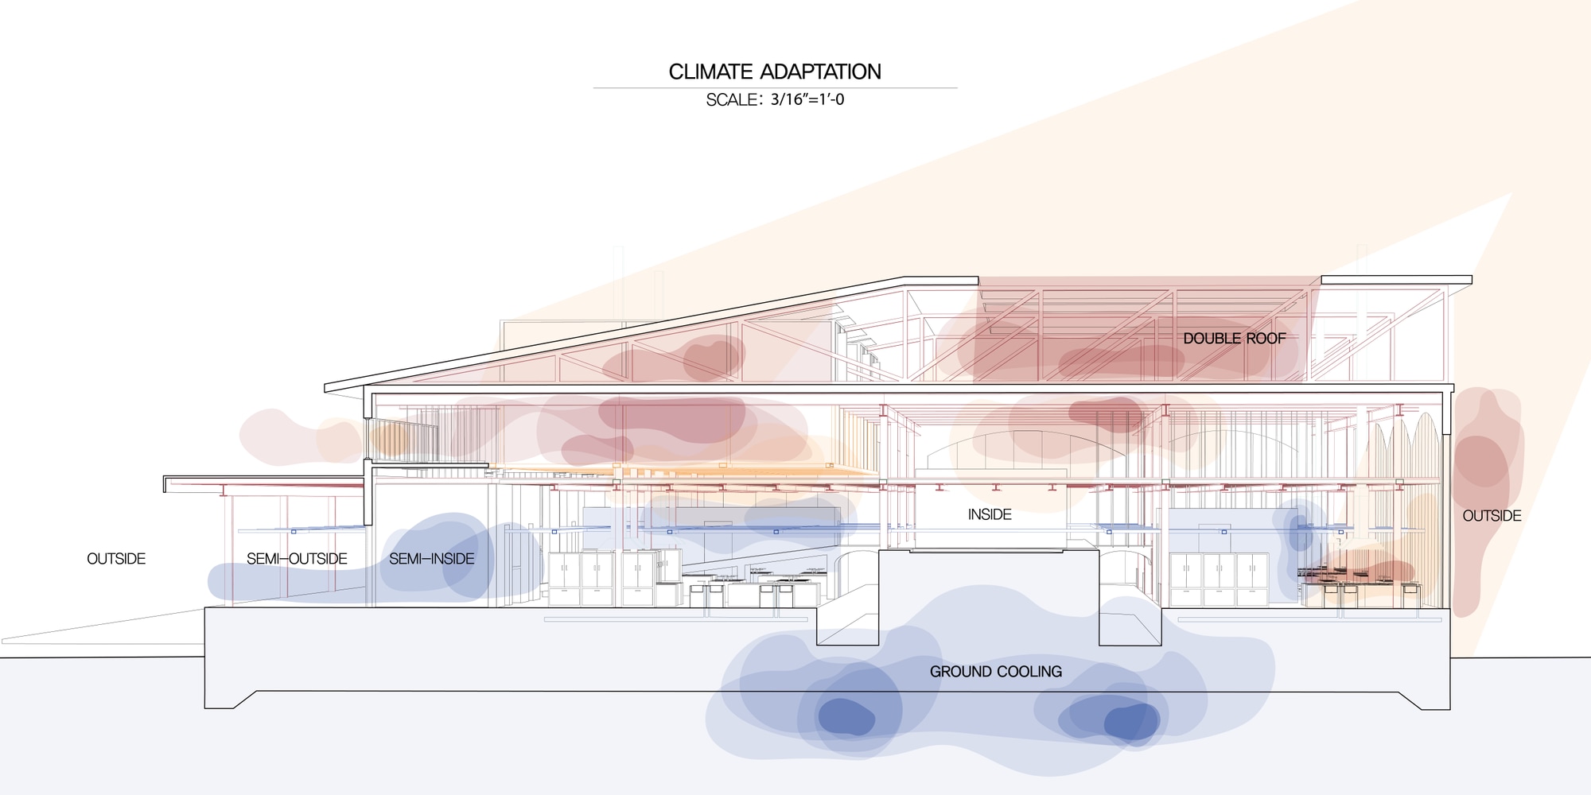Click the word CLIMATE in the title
(x=710, y=72)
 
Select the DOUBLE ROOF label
(x=1234, y=338)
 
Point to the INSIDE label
(x=990, y=514)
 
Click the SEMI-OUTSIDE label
(x=297, y=559)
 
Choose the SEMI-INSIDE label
(x=431, y=559)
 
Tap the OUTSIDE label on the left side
(x=116, y=559)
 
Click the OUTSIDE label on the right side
(x=1492, y=516)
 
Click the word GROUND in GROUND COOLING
(x=961, y=672)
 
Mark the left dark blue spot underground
(x=846, y=717)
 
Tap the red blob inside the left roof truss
(x=712, y=358)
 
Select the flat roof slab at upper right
(x=1396, y=280)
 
